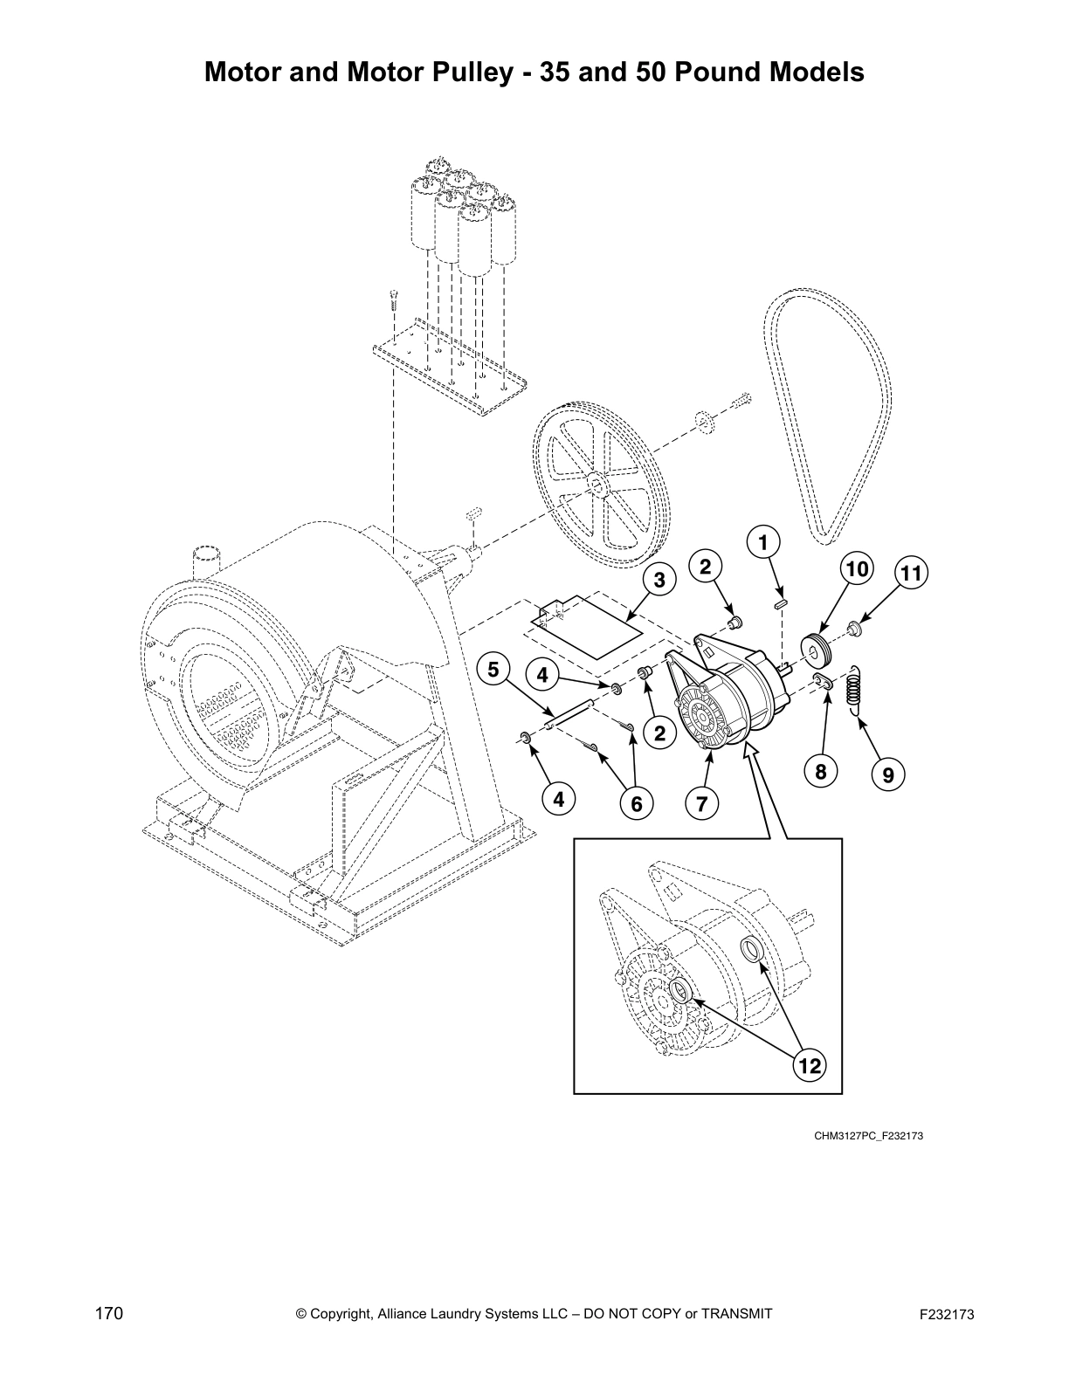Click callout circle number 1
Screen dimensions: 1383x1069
(763, 542)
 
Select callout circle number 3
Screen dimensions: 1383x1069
(659, 580)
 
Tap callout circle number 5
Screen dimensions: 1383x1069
(494, 670)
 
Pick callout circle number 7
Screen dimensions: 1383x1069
(702, 802)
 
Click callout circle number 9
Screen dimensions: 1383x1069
(887, 773)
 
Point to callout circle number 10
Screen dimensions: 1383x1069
(857, 569)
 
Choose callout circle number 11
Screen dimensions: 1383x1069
(911, 574)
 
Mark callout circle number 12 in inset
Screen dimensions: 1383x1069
(810, 1065)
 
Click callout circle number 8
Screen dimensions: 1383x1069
(821, 771)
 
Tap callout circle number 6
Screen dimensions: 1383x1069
(636, 802)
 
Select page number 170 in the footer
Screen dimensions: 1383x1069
(109, 1312)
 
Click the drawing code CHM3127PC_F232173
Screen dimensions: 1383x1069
(868, 1136)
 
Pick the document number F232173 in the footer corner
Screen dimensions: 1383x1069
(946, 1313)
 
